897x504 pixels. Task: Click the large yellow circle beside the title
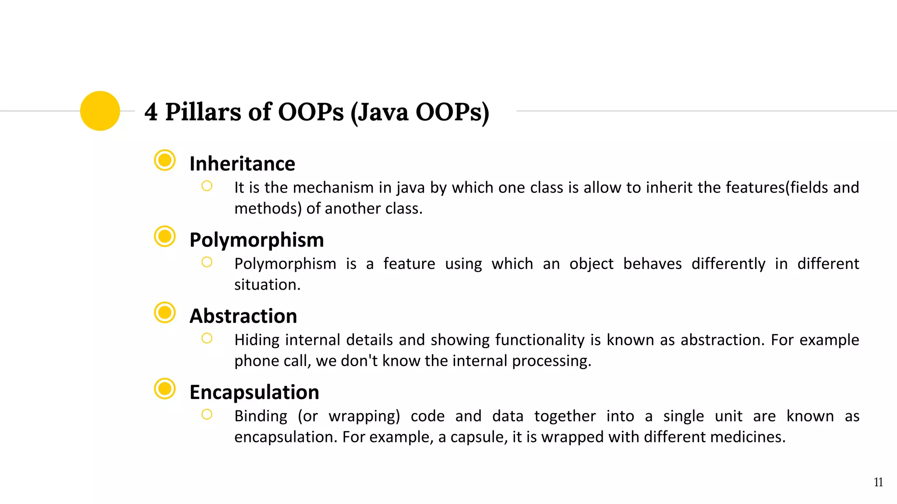(x=100, y=111)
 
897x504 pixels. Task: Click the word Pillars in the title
(x=203, y=112)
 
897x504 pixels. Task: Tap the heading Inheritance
(x=242, y=164)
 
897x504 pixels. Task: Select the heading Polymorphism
(x=257, y=240)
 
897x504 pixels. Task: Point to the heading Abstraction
(x=243, y=316)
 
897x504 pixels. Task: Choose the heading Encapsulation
(x=254, y=392)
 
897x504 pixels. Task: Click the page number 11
(x=878, y=482)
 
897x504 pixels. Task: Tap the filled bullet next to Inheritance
(x=165, y=160)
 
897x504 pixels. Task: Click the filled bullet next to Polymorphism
(x=165, y=236)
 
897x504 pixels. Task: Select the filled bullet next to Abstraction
(x=165, y=312)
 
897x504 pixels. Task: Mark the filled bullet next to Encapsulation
(x=165, y=388)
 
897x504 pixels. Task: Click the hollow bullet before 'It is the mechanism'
(x=207, y=186)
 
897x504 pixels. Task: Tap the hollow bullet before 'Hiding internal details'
(x=207, y=338)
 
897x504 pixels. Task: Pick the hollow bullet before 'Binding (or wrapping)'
(x=207, y=414)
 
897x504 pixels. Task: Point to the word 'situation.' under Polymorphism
(x=267, y=285)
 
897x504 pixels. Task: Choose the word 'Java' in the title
(x=384, y=112)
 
